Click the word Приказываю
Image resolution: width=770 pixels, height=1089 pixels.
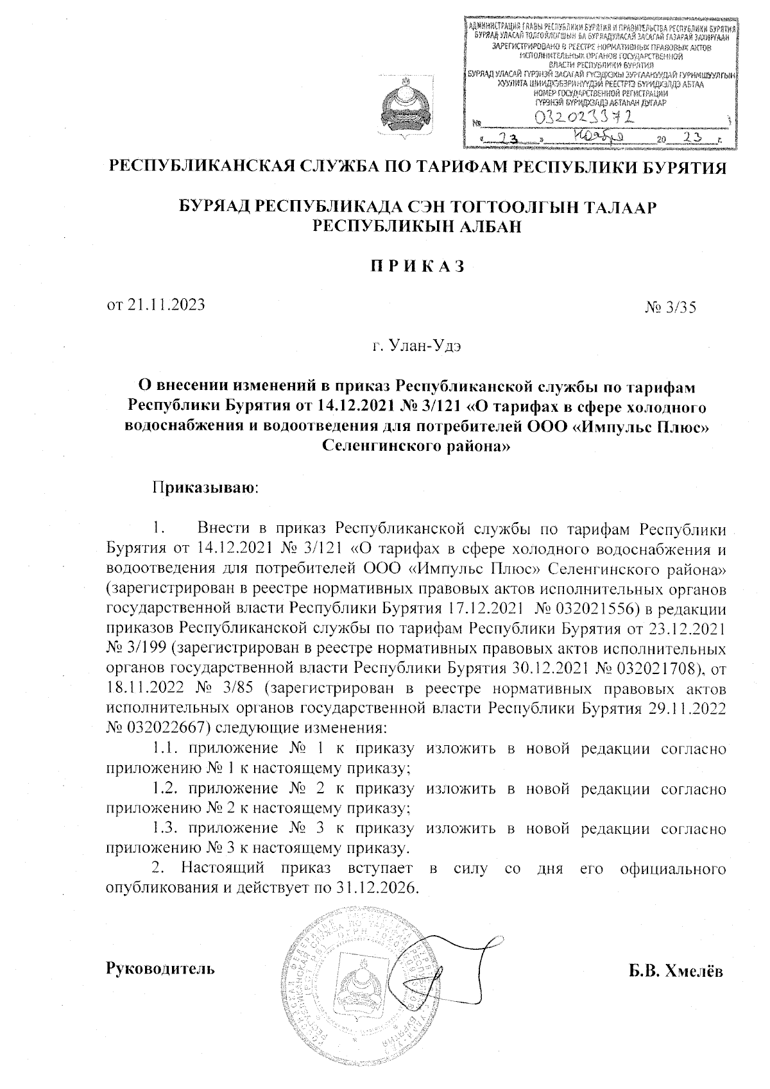pyautogui.click(x=205, y=488)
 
